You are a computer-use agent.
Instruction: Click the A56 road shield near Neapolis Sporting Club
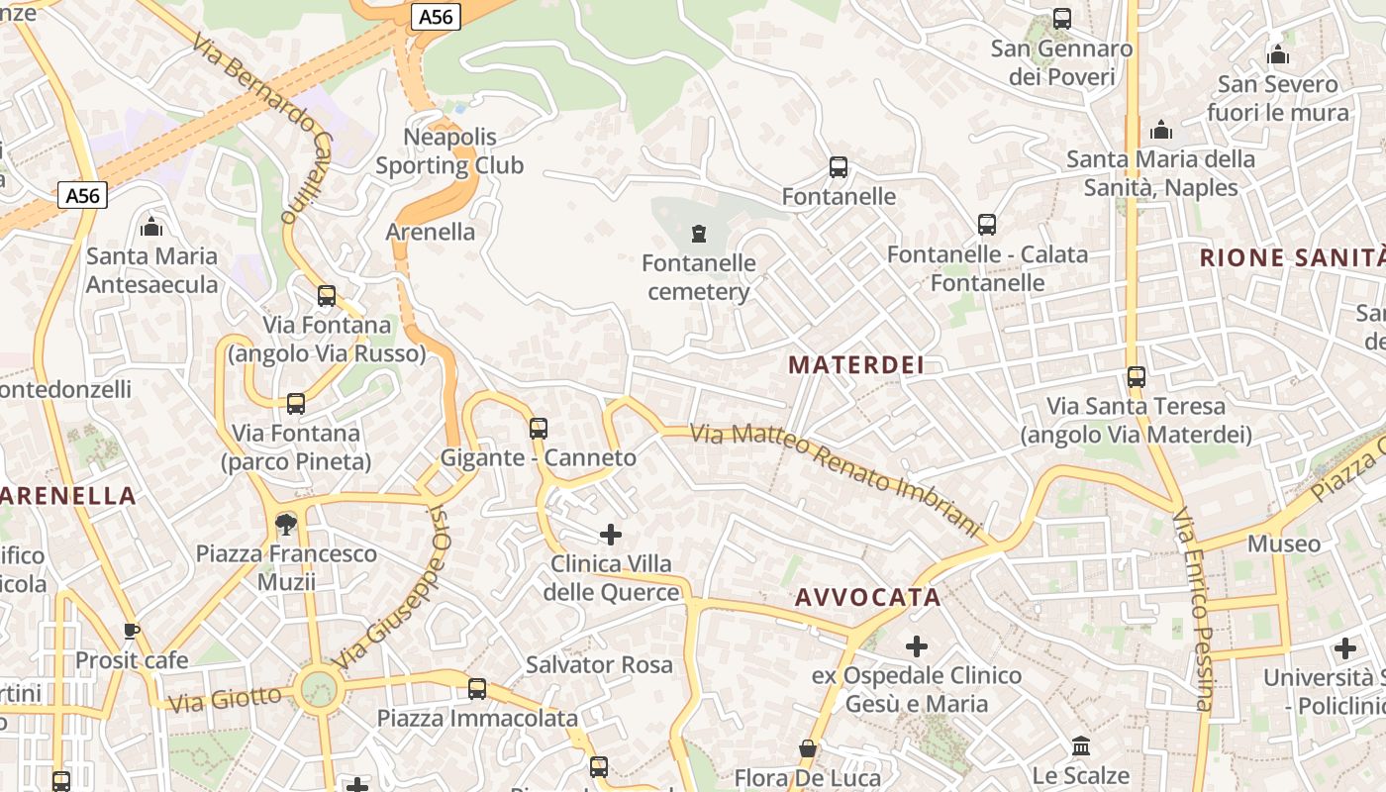tap(436, 16)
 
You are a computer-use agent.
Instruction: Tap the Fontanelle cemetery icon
tap(700, 234)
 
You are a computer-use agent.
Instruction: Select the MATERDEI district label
tap(856, 364)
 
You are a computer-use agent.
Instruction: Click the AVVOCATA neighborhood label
tap(867, 597)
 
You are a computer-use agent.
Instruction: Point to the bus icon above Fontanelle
tap(839, 167)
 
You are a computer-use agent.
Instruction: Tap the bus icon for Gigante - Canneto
tap(539, 429)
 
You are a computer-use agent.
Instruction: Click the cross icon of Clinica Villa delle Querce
tap(611, 535)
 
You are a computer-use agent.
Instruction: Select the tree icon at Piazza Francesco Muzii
tap(286, 524)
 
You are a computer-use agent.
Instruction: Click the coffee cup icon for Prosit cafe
tap(131, 631)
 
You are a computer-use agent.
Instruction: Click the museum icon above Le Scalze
tap(1081, 745)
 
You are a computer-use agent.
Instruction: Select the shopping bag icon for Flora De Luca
tap(808, 748)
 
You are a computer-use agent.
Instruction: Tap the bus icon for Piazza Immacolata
tap(477, 688)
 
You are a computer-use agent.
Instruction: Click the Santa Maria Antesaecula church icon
tap(151, 227)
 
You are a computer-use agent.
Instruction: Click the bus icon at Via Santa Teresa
tap(1137, 377)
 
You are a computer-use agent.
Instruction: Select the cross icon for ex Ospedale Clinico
tap(917, 646)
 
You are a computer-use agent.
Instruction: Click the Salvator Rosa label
tap(599, 664)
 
